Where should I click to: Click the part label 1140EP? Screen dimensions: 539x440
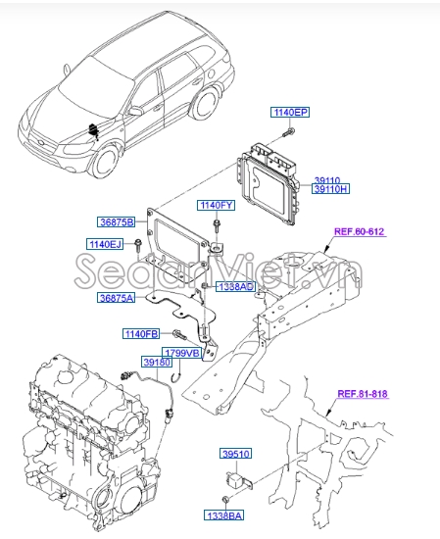(289, 114)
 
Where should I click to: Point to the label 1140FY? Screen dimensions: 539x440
(217, 206)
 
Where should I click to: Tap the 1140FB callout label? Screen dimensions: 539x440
(141, 334)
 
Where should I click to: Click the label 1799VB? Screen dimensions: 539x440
(180, 352)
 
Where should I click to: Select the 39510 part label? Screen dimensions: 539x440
(235, 454)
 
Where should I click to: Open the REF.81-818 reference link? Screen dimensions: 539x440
(364, 395)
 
